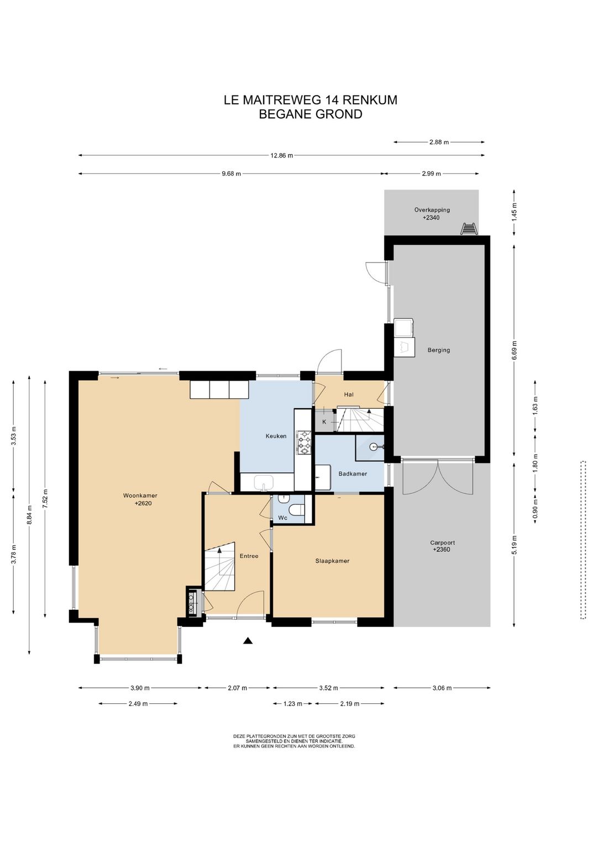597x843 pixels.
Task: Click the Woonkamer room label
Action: [140, 496]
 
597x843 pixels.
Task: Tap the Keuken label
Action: [276, 436]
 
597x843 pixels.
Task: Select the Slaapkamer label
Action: [332, 561]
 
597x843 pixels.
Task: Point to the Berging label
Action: [438, 350]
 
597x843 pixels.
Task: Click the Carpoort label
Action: [442, 542]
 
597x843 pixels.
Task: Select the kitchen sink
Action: [264, 483]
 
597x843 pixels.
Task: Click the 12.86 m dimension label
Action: [281, 155]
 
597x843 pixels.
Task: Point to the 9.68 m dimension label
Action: [231, 173]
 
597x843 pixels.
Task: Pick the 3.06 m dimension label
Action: [442, 688]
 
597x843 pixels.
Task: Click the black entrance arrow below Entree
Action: [247, 640]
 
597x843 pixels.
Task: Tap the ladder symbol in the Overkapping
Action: [469, 229]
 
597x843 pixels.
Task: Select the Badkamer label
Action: [353, 473]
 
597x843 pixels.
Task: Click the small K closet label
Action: [324, 422]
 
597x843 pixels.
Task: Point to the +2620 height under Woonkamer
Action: [143, 503]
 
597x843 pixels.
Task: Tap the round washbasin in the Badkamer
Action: [373, 447]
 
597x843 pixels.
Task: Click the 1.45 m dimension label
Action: [515, 211]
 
